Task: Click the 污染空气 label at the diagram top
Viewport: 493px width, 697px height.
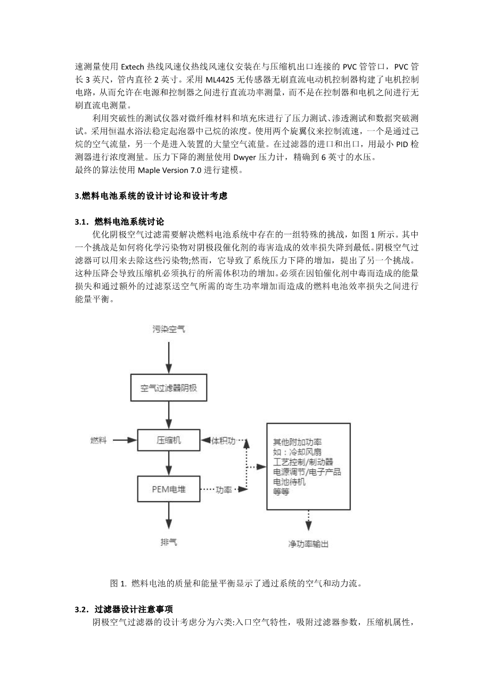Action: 169,330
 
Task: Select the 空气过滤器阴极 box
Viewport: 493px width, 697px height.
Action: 169,388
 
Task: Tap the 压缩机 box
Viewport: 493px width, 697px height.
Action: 169,440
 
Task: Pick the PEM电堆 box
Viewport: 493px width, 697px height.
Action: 169,489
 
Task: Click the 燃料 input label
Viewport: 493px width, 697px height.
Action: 98,440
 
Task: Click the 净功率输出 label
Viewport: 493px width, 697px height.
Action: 308,544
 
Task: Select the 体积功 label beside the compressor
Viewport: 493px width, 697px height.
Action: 223,440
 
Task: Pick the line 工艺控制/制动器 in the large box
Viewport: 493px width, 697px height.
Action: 303,462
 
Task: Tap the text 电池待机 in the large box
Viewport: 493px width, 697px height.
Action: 289,482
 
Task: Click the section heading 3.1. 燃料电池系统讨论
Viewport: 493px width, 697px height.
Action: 120,221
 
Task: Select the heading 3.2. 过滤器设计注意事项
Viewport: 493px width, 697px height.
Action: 127,610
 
